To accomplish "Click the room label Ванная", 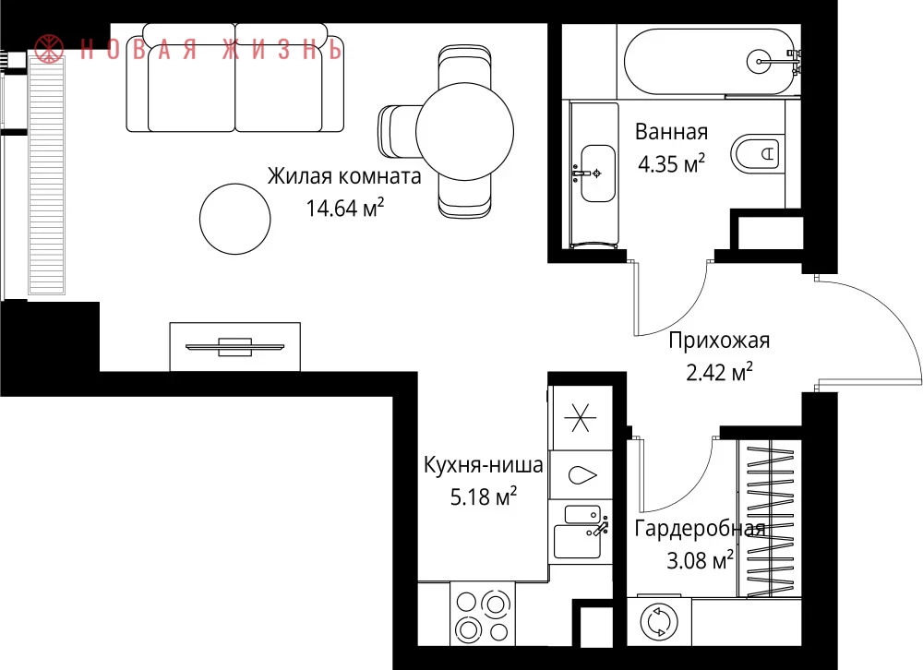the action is (671, 132).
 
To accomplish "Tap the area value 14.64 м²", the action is (345, 208).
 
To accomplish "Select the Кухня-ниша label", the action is (484, 465).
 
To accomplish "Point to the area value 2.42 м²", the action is (719, 372).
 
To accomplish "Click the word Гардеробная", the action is (700, 529).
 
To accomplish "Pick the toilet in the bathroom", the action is (758, 154).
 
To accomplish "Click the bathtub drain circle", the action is (760, 61).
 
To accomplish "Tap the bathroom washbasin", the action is (597, 173).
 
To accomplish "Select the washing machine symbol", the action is (659, 622).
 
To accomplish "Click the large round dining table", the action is (464, 132).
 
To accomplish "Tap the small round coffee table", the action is (234, 219).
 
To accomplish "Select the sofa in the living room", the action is (234, 78).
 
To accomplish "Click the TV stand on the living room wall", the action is (234, 347).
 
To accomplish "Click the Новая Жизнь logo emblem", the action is (49, 48).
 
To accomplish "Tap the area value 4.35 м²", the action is (672, 163).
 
